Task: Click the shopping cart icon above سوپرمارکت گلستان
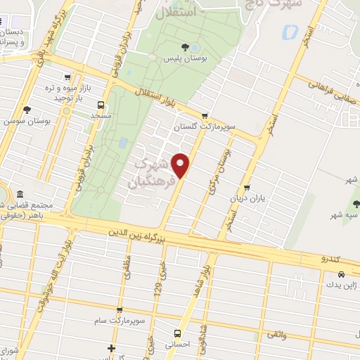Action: [205, 116]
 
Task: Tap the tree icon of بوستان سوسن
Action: [27, 109]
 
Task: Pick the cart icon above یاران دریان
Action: [247, 188]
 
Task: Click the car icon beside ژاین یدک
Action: [341, 274]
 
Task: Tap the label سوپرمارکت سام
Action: [117, 320]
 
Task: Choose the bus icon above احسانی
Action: [176, 333]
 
